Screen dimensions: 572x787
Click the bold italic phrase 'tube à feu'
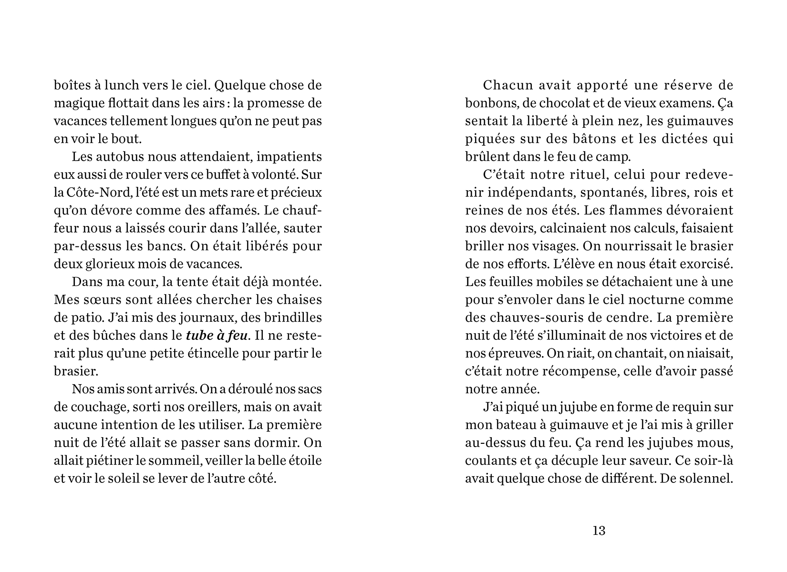click(217, 336)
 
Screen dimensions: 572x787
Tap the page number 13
click(599, 531)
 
